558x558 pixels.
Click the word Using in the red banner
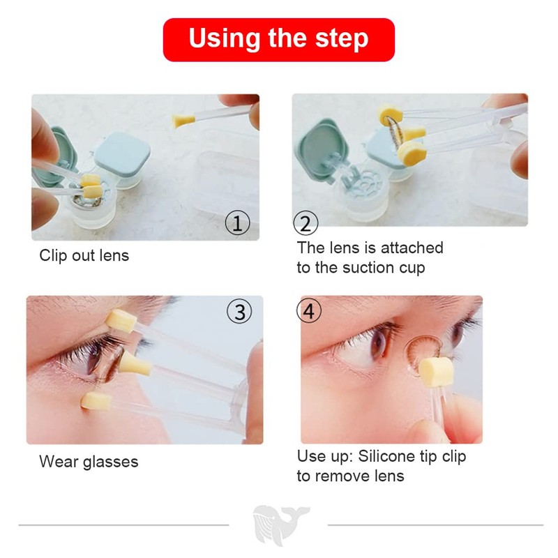point(225,38)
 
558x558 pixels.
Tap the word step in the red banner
point(342,39)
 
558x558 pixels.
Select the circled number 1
point(237,223)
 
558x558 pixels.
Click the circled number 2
point(306,223)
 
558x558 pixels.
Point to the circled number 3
point(239,311)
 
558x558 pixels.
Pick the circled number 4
point(309,310)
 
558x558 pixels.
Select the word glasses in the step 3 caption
point(111,462)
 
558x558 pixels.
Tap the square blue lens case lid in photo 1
point(123,153)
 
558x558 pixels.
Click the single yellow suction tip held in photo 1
point(183,120)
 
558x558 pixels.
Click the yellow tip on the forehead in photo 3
point(121,321)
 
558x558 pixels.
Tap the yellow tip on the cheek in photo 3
point(96,401)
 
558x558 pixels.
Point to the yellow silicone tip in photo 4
point(436,372)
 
